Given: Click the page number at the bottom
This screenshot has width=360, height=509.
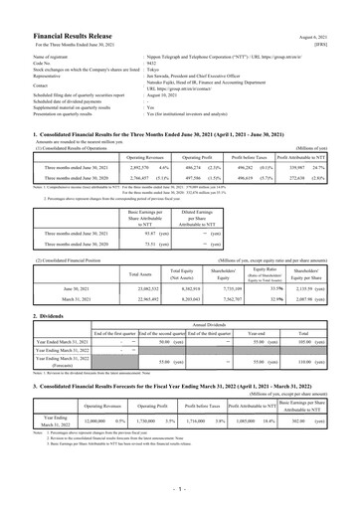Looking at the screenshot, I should click(181, 489).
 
